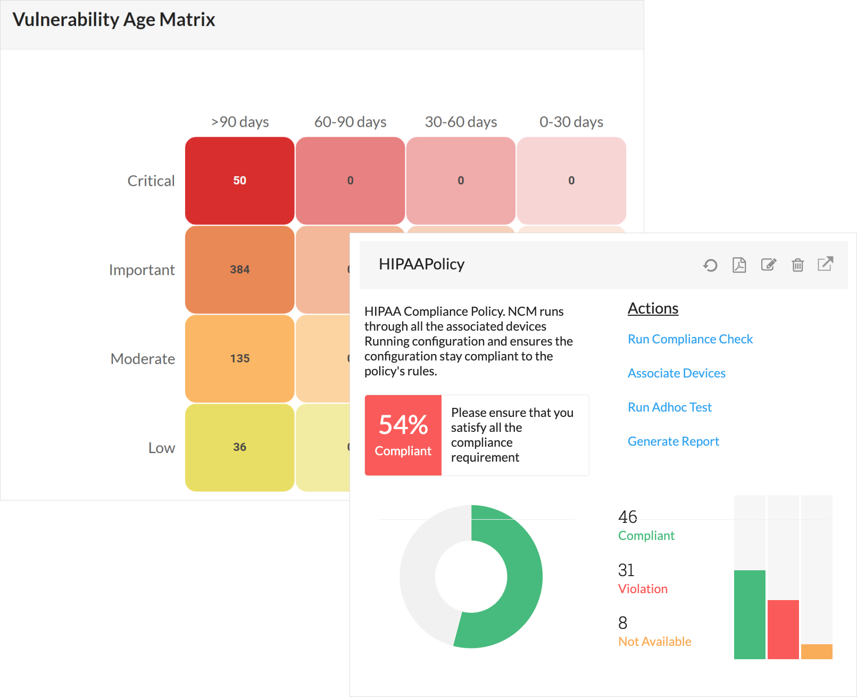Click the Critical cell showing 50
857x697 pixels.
click(x=239, y=181)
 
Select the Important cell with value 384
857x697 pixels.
click(x=239, y=269)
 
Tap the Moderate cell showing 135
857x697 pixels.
click(x=239, y=358)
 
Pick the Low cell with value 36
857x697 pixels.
click(x=239, y=447)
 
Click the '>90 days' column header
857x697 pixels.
click(x=240, y=122)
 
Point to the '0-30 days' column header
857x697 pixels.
click(x=571, y=122)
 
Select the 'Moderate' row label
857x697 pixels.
click(x=143, y=359)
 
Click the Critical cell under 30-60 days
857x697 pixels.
click(x=461, y=181)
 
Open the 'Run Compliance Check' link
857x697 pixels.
click(x=690, y=339)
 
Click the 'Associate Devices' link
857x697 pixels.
click(x=676, y=373)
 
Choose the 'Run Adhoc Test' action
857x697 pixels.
click(x=669, y=407)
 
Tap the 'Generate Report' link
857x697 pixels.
click(x=673, y=441)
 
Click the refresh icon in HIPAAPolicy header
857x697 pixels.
click(x=710, y=265)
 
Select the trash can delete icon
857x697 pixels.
click(x=797, y=265)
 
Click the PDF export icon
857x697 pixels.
click(x=739, y=265)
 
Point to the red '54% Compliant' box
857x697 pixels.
click(x=403, y=435)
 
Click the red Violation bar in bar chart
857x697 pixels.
click(x=783, y=629)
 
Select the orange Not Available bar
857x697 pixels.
click(x=817, y=652)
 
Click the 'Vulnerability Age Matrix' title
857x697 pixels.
click(x=114, y=20)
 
